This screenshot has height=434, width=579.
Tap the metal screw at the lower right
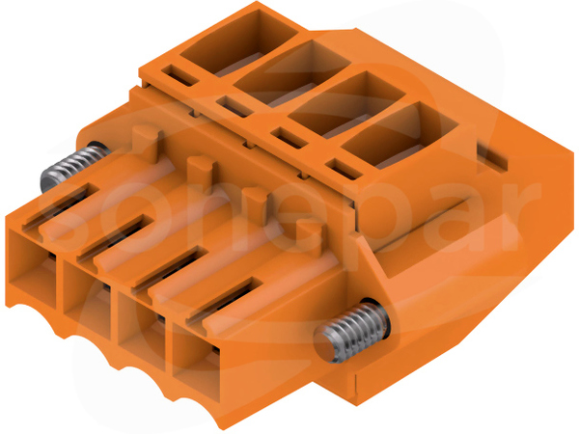351,331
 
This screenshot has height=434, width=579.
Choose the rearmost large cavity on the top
239,42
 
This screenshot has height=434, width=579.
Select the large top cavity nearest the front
400,137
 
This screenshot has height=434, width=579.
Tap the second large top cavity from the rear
292,73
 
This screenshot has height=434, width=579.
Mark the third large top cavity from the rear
346,105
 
